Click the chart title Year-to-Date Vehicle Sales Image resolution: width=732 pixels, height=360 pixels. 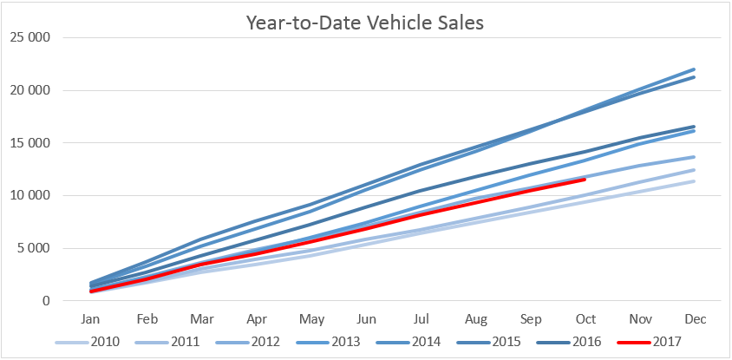click(364, 23)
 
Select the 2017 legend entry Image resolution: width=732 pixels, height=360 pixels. click(650, 343)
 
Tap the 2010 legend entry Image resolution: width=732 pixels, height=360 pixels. click(88, 343)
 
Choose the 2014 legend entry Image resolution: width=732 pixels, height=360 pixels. click(408, 343)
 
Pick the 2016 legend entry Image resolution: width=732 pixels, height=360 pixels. click(569, 343)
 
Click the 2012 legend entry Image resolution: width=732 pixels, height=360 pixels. click(248, 343)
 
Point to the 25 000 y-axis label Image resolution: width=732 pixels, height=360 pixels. click(29, 38)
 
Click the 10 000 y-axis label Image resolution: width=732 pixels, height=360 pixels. click(29, 196)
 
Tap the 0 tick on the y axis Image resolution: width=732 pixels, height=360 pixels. click(45, 301)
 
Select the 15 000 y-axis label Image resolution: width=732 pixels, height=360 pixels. click(29, 143)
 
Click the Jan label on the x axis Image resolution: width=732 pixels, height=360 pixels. click(91, 319)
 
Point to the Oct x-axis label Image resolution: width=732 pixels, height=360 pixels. click(586, 319)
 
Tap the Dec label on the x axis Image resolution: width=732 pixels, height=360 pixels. click(696, 319)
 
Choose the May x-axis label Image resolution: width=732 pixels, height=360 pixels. click(311, 319)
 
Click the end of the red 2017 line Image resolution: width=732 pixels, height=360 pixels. click(585, 180)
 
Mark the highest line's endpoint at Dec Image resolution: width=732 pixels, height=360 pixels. click(694, 69)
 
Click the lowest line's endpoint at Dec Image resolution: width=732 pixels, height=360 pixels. click(694, 181)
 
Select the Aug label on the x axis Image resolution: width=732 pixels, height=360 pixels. click(476, 319)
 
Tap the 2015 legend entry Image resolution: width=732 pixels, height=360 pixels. click(489, 343)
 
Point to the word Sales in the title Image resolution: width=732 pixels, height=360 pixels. click(459, 23)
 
